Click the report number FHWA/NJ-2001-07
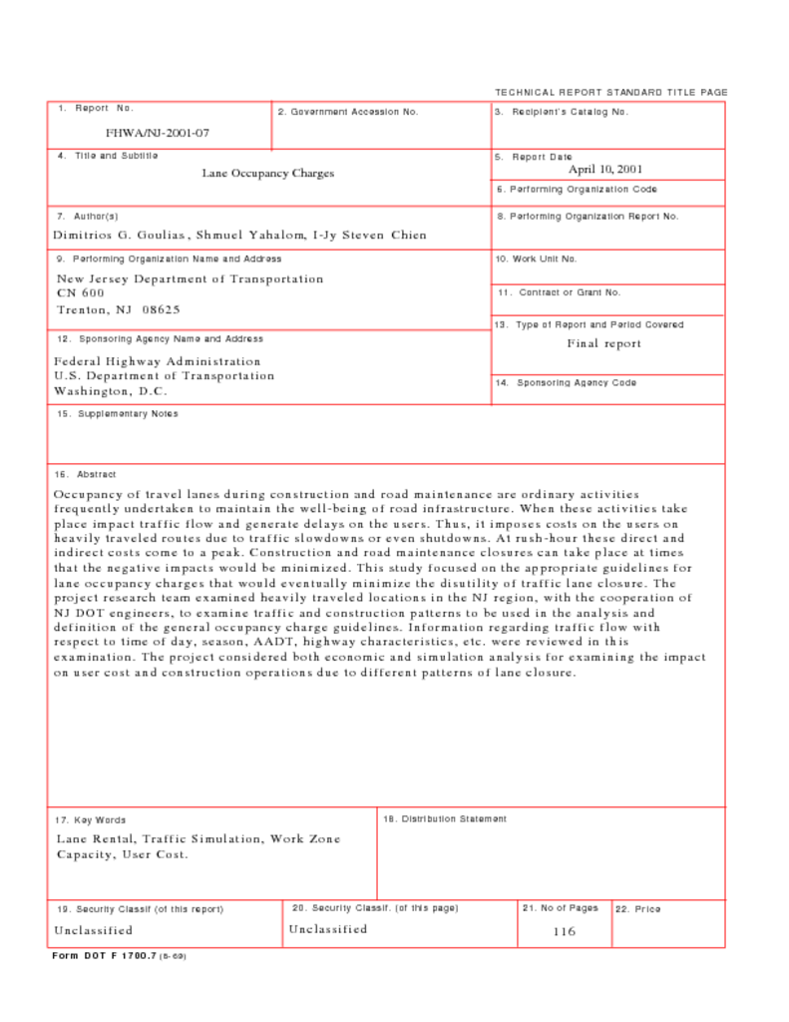(158, 133)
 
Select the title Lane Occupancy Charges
(268, 174)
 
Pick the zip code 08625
(161, 309)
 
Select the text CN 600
(80, 293)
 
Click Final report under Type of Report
(604, 344)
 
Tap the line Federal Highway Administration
(158, 361)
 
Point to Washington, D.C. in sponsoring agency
(111, 391)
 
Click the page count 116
(565, 932)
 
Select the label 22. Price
(637, 909)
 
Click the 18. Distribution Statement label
(445, 819)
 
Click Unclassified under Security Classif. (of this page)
(328, 929)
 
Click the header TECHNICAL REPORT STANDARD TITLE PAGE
(610, 93)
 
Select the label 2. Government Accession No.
(348, 112)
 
